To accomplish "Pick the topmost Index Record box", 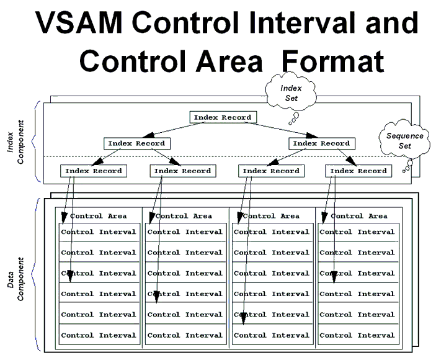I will [223, 117].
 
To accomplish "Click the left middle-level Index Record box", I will [136, 143].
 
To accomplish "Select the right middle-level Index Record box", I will [321, 143].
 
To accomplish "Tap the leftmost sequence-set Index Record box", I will [93, 171].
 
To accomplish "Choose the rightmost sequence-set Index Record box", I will [358, 171].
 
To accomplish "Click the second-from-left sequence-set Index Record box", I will [182, 171].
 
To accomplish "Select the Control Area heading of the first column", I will [99, 216].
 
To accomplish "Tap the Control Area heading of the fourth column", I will [358, 216].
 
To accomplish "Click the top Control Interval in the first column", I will [99, 232].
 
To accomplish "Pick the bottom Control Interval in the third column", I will [272, 335].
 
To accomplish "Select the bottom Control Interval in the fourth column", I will [358, 335].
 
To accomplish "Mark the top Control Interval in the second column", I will [185, 232].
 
